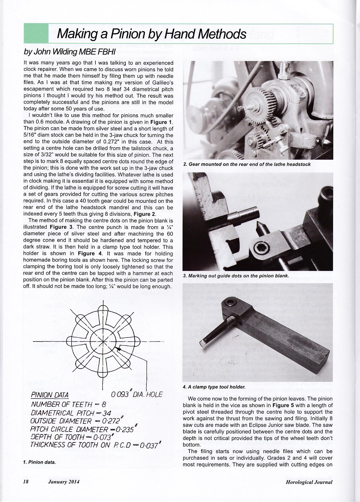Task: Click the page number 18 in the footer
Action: point(26,482)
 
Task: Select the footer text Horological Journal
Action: point(309,482)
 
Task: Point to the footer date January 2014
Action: point(64,482)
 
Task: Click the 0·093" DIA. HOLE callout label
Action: point(137,395)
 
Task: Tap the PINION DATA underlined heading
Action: point(49,395)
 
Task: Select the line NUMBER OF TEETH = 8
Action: point(68,405)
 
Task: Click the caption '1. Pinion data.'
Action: point(40,462)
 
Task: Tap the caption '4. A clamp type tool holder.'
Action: point(214,387)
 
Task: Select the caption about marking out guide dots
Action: point(236,276)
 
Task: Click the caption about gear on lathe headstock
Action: point(247,164)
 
